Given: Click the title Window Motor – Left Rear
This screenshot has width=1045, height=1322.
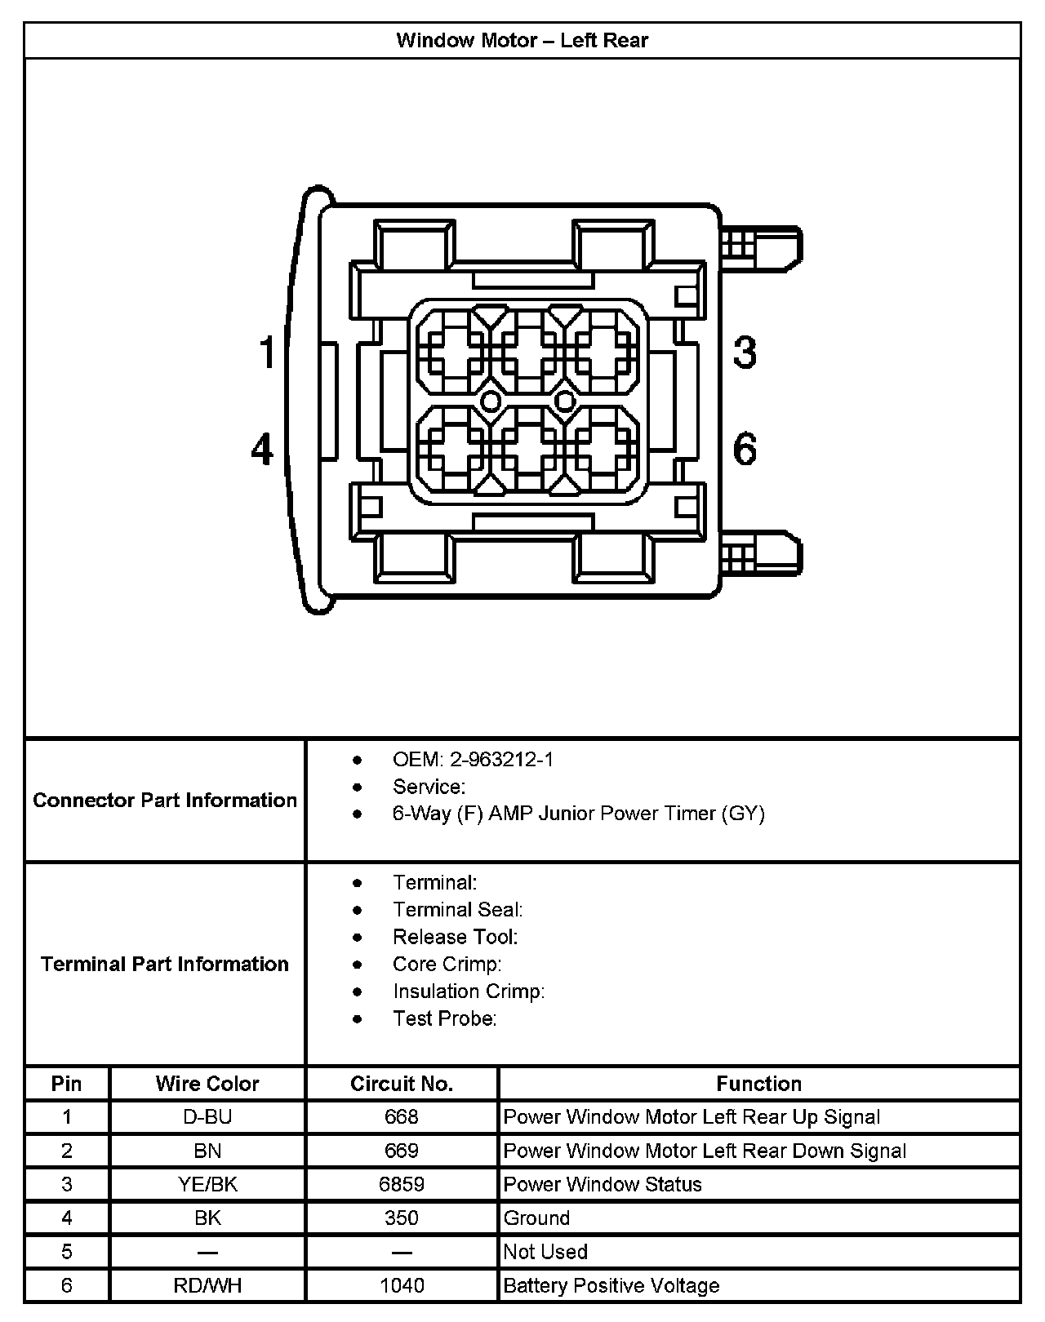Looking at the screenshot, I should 522,41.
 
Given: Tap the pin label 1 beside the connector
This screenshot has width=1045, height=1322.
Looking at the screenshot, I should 267,353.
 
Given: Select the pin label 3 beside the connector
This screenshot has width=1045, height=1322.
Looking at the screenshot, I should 745,353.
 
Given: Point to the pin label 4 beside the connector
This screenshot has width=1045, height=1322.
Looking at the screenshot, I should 261,450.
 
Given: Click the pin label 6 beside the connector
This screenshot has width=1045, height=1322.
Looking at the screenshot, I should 745,450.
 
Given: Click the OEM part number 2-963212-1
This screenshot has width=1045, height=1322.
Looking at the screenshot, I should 501,760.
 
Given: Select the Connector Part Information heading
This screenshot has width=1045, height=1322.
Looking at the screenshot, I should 165,800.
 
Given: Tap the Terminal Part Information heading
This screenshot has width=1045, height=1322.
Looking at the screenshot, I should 165,964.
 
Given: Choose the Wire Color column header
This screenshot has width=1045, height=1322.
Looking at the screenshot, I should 207,1084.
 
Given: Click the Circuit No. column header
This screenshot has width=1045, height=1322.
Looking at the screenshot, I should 401,1084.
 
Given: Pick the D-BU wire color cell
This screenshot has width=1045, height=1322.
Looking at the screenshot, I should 207,1117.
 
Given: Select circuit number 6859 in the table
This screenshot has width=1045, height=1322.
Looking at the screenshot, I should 401,1184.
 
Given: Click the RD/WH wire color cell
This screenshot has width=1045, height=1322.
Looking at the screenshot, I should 207,1286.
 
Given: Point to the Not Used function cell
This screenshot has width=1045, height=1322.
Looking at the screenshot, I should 545,1252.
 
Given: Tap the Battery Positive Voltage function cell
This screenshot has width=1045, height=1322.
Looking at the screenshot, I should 611,1286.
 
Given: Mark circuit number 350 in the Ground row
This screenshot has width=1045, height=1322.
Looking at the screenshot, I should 401,1218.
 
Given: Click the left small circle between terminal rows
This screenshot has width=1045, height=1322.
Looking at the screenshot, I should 491,401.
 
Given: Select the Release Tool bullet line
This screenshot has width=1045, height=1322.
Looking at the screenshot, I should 455,937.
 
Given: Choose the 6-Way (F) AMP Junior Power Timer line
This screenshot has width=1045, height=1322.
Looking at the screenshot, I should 578,814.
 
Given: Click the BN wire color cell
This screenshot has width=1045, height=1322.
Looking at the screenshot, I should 207,1151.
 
